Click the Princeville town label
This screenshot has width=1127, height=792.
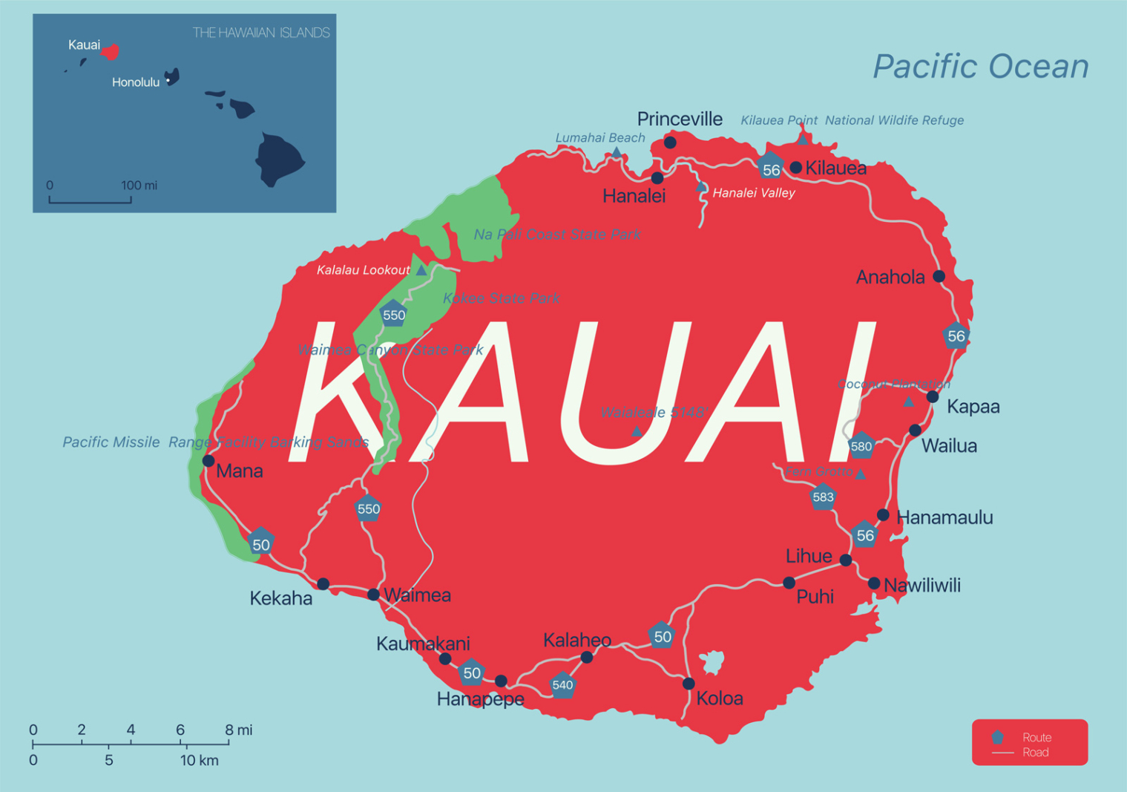[x=680, y=119]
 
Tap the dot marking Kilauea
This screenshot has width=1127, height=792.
[x=796, y=168]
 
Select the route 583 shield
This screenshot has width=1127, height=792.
[x=823, y=497]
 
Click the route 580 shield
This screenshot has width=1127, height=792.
[x=861, y=445]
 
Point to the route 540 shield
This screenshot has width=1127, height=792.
[x=562, y=684]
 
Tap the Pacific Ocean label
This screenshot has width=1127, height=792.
[x=980, y=66]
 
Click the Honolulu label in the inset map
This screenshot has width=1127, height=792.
[x=136, y=82]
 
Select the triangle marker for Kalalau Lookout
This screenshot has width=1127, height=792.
[x=421, y=270]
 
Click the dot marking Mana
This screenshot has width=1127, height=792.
[x=208, y=461]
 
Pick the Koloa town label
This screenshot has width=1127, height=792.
[x=720, y=698]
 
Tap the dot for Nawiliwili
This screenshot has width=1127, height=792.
[x=874, y=583]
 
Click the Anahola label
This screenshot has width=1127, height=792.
[x=890, y=278]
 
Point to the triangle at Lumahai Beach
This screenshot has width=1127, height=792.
[x=616, y=152]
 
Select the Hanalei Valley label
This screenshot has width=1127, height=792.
[x=753, y=193]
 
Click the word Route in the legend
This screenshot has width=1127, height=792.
[x=1036, y=737]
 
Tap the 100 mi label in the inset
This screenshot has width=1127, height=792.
[x=139, y=185]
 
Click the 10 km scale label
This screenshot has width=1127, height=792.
[x=199, y=760]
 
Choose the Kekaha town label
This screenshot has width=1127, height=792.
[x=280, y=598]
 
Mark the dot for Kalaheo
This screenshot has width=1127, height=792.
[x=587, y=657]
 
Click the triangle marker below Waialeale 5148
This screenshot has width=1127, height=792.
[x=637, y=431]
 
